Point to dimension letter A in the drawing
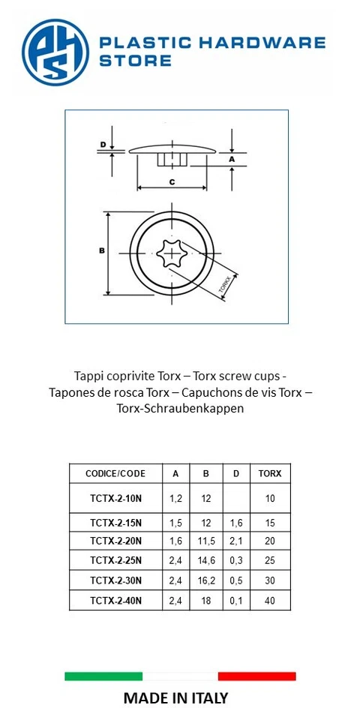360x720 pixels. pyautogui.click(x=232, y=159)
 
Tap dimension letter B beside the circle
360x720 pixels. pyautogui.click(x=100, y=251)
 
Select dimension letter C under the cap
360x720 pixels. pyautogui.click(x=172, y=182)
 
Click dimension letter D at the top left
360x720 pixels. pyautogui.click(x=103, y=145)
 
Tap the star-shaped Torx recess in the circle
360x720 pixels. pyautogui.click(x=172, y=255)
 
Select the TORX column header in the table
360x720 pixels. pyautogui.click(x=270, y=473)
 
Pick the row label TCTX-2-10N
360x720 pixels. pyautogui.click(x=115, y=498)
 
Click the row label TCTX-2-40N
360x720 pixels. pyautogui.click(x=115, y=601)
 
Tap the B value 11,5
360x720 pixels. pyautogui.click(x=206, y=541)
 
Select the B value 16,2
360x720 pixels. pyautogui.click(x=206, y=580)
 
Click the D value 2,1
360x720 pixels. pyautogui.click(x=235, y=541)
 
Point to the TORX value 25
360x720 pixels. pyautogui.click(x=270, y=560)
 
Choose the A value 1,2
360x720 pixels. pyautogui.click(x=176, y=498)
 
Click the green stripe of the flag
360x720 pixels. pyautogui.click(x=103, y=676)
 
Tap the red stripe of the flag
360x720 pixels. pyautogui.click(x=256, y=676)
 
